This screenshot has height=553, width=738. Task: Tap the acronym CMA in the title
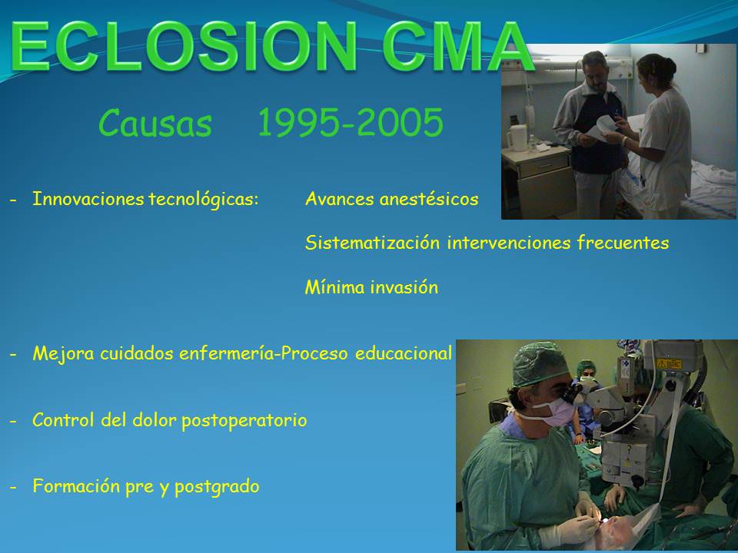click(x=457, y=46)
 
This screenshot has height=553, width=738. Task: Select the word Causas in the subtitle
click(x=155, y=123)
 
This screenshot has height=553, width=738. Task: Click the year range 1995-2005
click(x=351, y=122)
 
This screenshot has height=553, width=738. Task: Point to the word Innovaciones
click(x=88, y=199)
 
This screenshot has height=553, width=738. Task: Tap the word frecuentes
click(x=623, y=243)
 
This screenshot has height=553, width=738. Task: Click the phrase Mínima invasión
click(x=371, y=286)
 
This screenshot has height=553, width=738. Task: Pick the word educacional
click(x=404, y=353)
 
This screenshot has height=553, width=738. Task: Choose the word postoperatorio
click(x=244, y=420)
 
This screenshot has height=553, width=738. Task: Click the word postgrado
click(x=217, y=487)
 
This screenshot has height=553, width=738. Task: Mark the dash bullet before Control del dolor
click(x=13, y=421)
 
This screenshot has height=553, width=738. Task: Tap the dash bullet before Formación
click(x=13, y=487)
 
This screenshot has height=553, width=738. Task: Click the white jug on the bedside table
click(x=517, y=137)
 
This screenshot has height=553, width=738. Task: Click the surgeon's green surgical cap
click(x=540, y=364)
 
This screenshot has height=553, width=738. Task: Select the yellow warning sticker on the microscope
click(x=669, y=364)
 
